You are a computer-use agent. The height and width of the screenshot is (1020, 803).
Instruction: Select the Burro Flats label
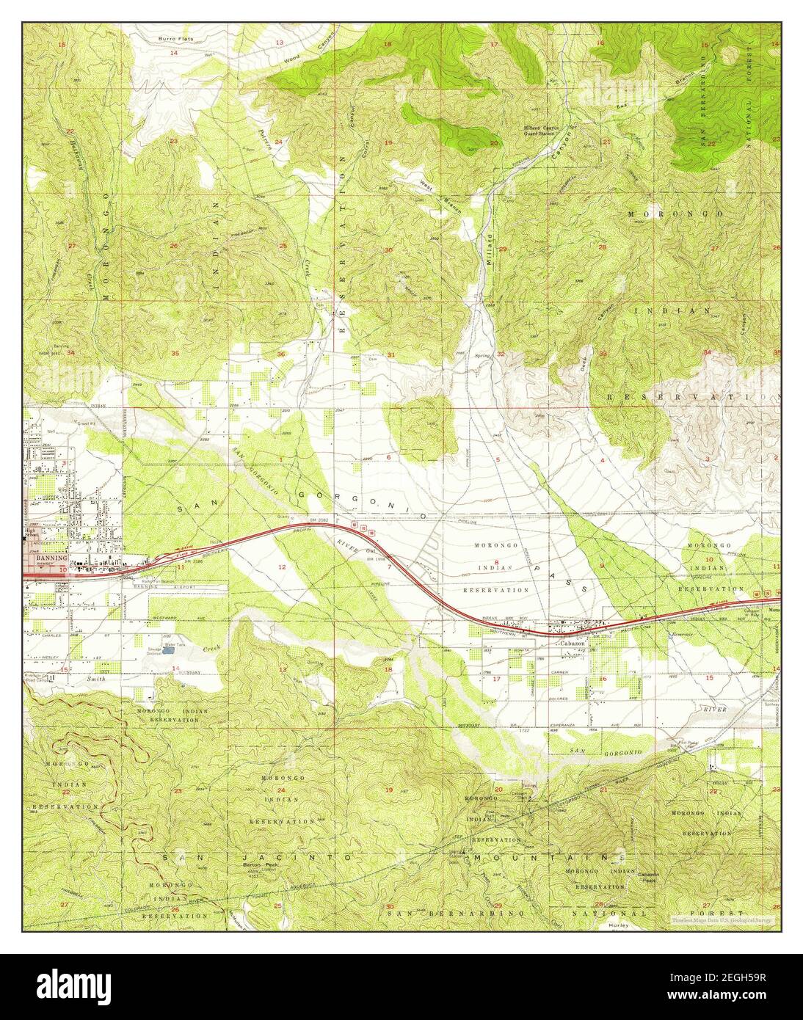pos(175,36)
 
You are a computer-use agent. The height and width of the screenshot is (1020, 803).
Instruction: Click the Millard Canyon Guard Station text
pos(542,131)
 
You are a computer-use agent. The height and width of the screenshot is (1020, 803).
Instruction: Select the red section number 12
pos(281,567)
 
